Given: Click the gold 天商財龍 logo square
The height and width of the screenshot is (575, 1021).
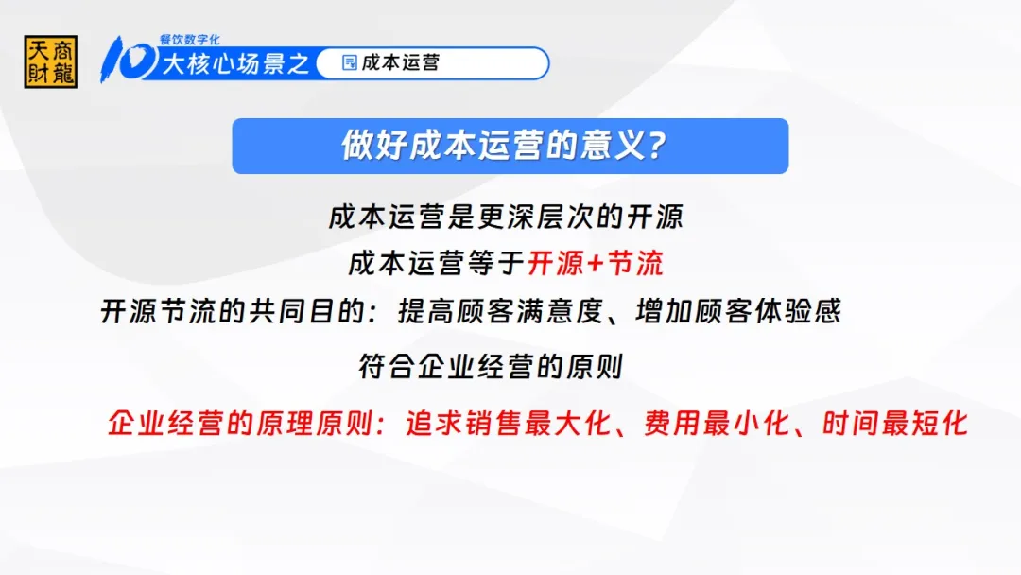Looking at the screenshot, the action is (x=51, y=61).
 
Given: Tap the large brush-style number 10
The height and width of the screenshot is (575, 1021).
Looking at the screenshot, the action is (x=128, y=60).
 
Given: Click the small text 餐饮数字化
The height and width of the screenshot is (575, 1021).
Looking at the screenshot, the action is (x=189, y=40).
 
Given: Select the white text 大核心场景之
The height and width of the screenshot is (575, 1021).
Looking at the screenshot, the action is (x=235, y=63).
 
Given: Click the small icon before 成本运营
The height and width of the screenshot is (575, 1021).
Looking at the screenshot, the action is (x=350, y=62).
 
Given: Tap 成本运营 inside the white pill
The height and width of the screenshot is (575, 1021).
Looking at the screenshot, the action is (x=401, y=62).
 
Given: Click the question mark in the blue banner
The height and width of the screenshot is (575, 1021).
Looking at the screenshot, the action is (x=658, y=146).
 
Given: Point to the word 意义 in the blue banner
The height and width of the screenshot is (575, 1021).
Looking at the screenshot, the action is (x=612, y=146).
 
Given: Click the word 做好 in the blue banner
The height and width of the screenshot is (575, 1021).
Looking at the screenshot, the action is (x=373, y=146).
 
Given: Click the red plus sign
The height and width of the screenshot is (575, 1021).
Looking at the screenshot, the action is (x=596, y=264).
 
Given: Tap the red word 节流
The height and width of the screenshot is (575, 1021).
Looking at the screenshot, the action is (x=635, y=264).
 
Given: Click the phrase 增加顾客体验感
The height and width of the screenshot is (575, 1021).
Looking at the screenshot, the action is (x=738, y=311).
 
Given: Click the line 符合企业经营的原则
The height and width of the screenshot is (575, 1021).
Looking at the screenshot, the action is (x=492, y=367).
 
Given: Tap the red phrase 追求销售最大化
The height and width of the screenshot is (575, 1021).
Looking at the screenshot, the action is (x=509, y=424).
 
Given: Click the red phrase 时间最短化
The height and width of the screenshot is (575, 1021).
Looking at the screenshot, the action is (x=895, y=424).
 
